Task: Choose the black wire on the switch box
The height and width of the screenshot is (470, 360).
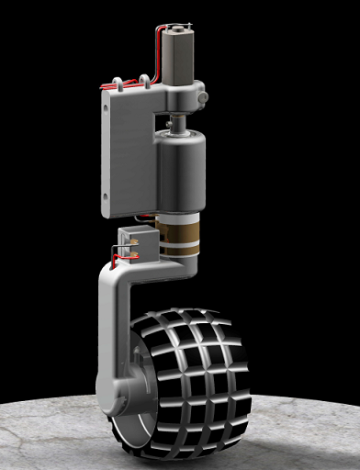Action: [119, 246]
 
